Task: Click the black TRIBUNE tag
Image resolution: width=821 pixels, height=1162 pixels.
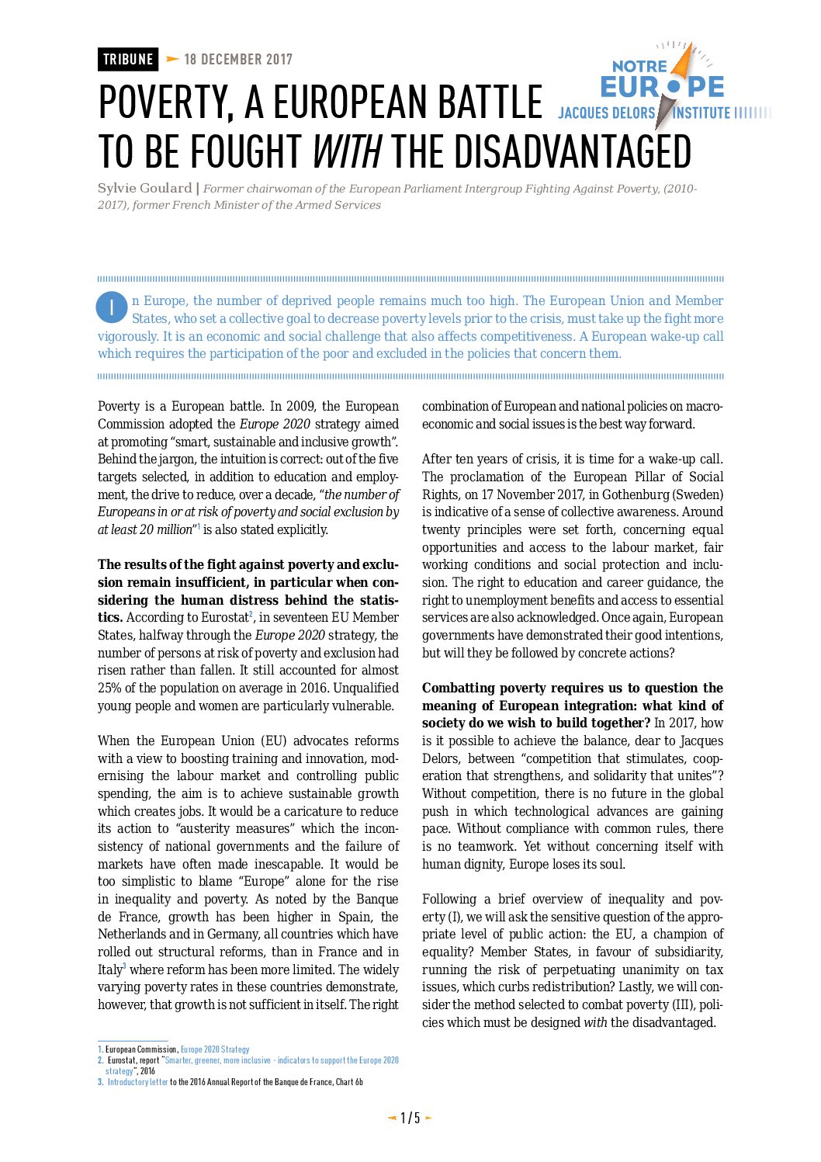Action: [x=128, y=60]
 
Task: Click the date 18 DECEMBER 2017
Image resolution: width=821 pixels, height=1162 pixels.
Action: [x=238, y=60]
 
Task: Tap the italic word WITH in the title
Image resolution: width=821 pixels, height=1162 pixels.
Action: [x=346, y=151]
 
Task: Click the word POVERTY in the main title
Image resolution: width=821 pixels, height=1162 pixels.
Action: [x=166, y=102]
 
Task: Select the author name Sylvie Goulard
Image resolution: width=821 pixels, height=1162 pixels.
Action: [x=144, y=189]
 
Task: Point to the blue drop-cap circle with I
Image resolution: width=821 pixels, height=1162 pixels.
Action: [x=112, y=307]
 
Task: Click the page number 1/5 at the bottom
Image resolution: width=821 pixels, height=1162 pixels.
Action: [x=410, y=1118]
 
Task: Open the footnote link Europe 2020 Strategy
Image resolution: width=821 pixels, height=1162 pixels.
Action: [x=215, y=1049]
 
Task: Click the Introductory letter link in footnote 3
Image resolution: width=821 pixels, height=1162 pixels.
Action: [x=137, y=1082]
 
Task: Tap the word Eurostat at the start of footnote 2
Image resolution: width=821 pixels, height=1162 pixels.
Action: [x=122, y=1060]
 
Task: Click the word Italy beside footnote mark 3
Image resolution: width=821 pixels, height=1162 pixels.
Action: [x=109, y=970]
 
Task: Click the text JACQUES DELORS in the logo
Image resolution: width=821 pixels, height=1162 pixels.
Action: [x=606, y=113]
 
